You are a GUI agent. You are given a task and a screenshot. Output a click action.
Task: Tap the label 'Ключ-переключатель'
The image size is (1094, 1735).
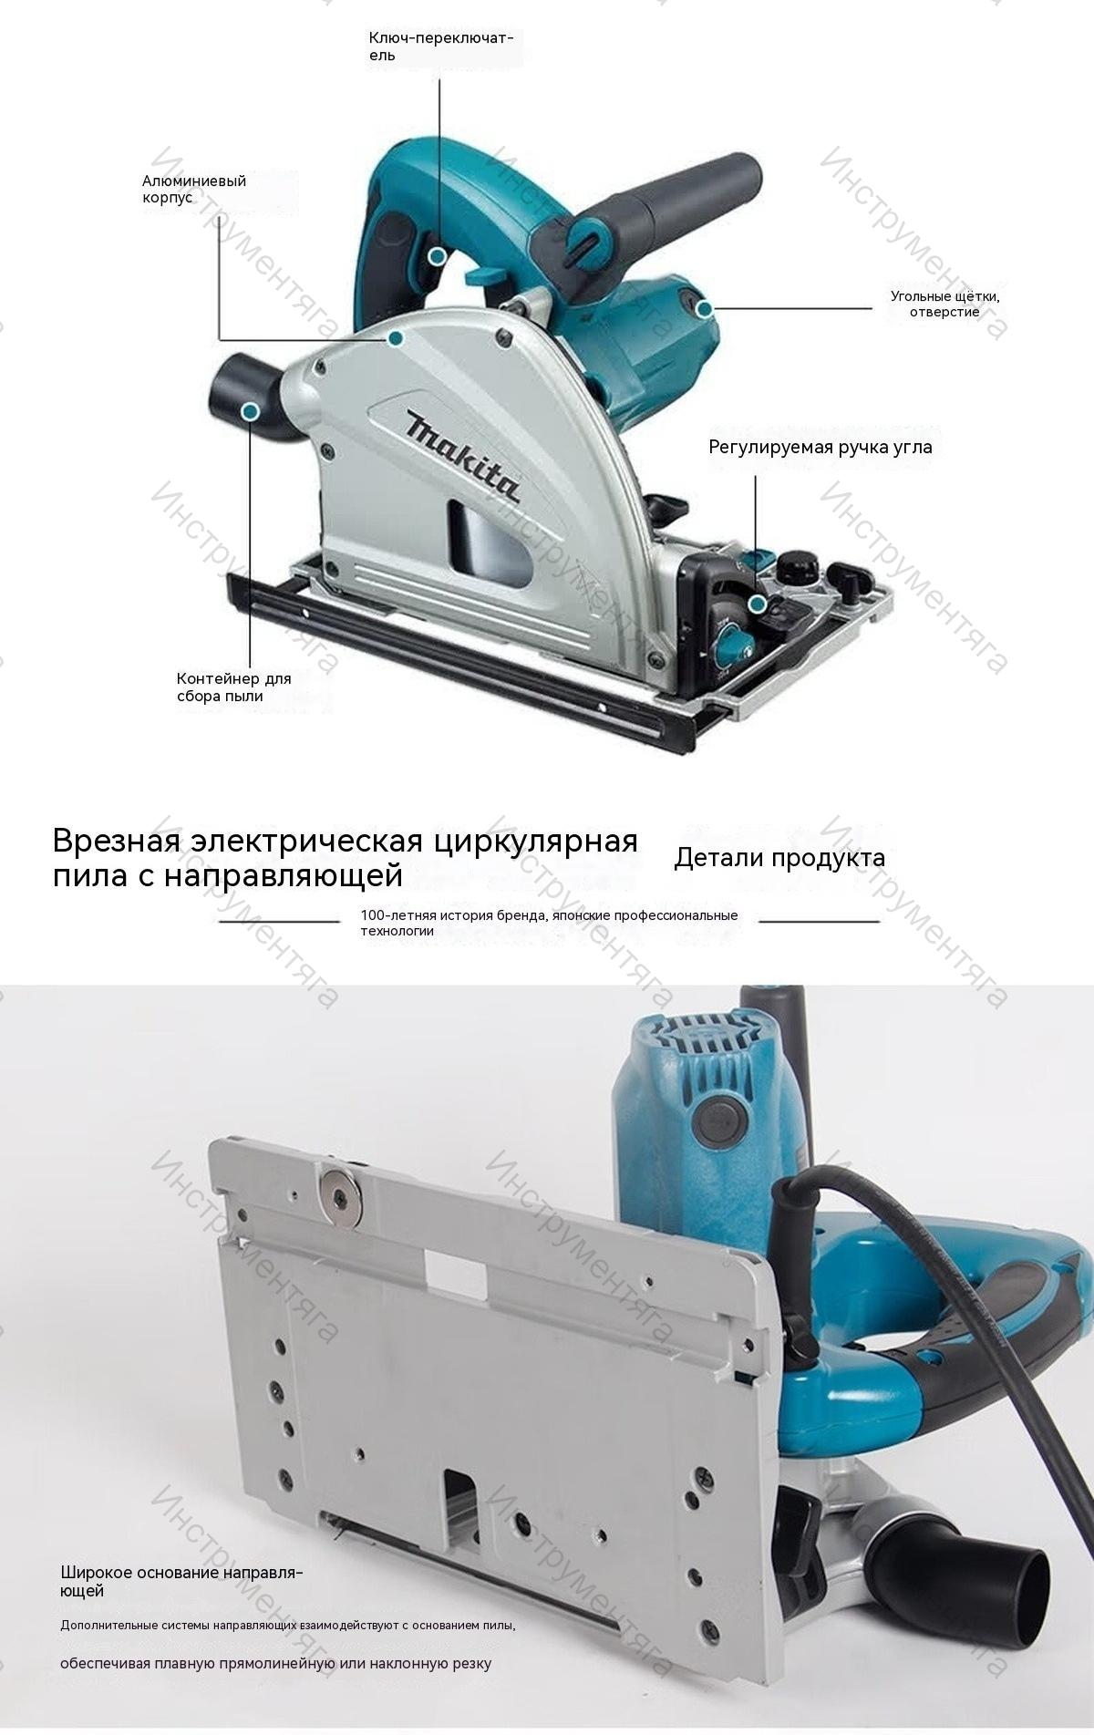click(x=441, y=46)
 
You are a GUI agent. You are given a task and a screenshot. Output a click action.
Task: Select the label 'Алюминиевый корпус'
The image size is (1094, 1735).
click(x=194, y=190)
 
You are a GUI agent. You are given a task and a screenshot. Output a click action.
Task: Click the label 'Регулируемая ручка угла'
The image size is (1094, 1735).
click(x=820, y=447)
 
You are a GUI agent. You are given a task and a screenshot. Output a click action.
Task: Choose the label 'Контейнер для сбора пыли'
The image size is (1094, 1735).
click(x=233, y=687)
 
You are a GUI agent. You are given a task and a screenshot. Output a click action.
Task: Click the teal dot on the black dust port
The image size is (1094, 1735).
click(x=248, y=412)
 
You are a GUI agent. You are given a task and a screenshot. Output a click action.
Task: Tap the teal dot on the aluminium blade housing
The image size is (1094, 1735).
click(x=396, y=338)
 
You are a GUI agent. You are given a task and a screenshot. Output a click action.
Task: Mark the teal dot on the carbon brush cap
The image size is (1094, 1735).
click(x=703, y=310)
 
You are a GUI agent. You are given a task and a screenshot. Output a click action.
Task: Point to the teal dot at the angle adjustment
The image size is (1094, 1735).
click(x=756, y=604)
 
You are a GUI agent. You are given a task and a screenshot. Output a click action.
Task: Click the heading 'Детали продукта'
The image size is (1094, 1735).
click(x=779, y=858)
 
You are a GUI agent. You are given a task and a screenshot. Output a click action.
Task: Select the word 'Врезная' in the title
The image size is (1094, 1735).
click(x=112, y=839)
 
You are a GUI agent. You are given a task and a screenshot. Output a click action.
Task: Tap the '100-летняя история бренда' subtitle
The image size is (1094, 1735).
click(x=549, y=923)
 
